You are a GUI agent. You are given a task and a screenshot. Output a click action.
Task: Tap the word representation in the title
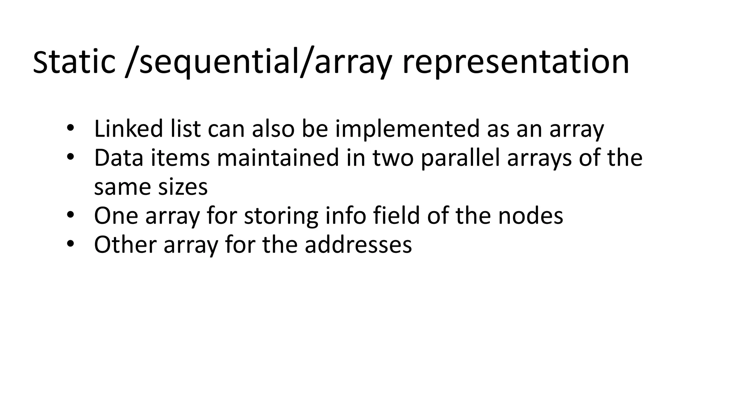[516, 62]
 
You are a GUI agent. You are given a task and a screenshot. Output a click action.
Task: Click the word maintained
[278, 158]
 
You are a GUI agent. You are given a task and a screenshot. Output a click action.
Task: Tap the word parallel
[460, 158]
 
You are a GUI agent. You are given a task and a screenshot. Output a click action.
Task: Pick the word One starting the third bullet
[116, 216]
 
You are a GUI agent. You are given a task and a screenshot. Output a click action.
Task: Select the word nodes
[530, 216]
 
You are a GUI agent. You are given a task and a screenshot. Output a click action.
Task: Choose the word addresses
[358, 245]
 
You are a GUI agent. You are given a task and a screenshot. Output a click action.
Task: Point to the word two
[393, 158]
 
